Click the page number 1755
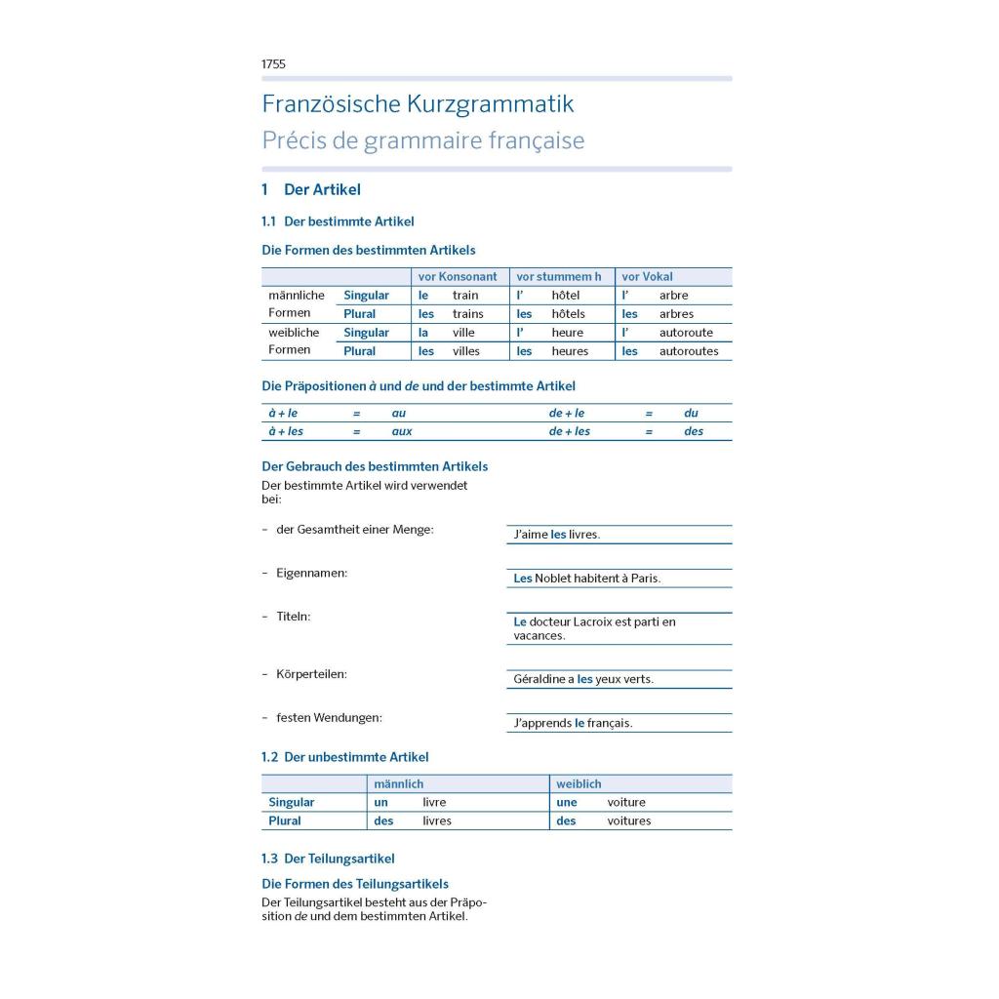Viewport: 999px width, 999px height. pyautogui.click(x=273, y=64)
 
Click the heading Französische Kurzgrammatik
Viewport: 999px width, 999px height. pyautogui.click(x=418, y=104)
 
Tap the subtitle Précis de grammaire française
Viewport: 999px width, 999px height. pyautogui.click(x=422, y=140)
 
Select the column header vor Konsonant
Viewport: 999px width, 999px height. pyautogui.click(x=458, y=277)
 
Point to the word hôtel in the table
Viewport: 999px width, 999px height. pyautogui.click(x=565, y=296)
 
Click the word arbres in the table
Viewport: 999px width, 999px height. pyautogui.click(x=676, y=314)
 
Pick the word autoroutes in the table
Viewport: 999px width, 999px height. pyautogui.click(x=688, y=351)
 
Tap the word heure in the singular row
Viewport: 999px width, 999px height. pyautogui.click(x=567, y=333)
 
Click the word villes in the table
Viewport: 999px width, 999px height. pyautogui.click(x=465, y=351)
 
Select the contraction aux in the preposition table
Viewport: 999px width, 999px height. pyautogui.click(x=402, y=431)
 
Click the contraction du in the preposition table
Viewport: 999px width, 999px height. pyautogui.click(x=691, y=413)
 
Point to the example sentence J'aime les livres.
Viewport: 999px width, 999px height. pyautogui.click(x=556, y=535)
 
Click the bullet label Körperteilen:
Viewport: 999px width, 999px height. pyautogui.click(x=311, y=674)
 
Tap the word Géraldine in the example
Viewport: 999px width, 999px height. pyautogui.click(x=542, y=679)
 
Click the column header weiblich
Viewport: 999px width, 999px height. pyautogui.click(x=579, y=784)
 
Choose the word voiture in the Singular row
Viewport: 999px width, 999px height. pyautogui.click(x=626, y=803)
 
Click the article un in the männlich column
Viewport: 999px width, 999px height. pyautogui.click(x=381, y=803)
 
